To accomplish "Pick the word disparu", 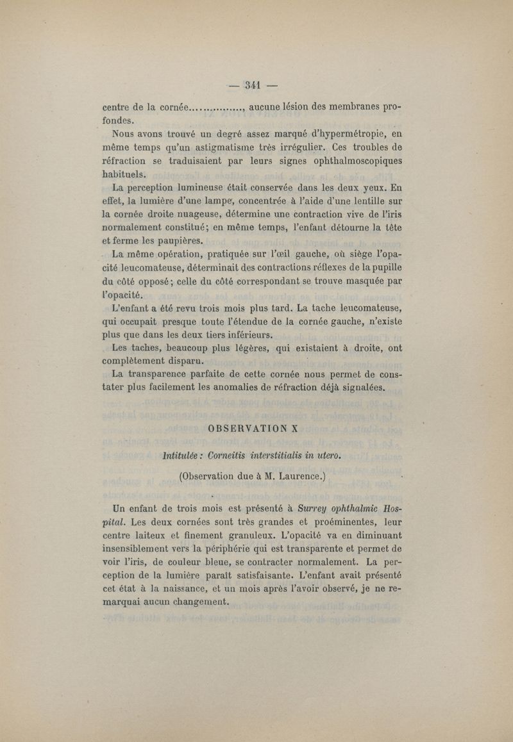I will [x=178, y=360].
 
